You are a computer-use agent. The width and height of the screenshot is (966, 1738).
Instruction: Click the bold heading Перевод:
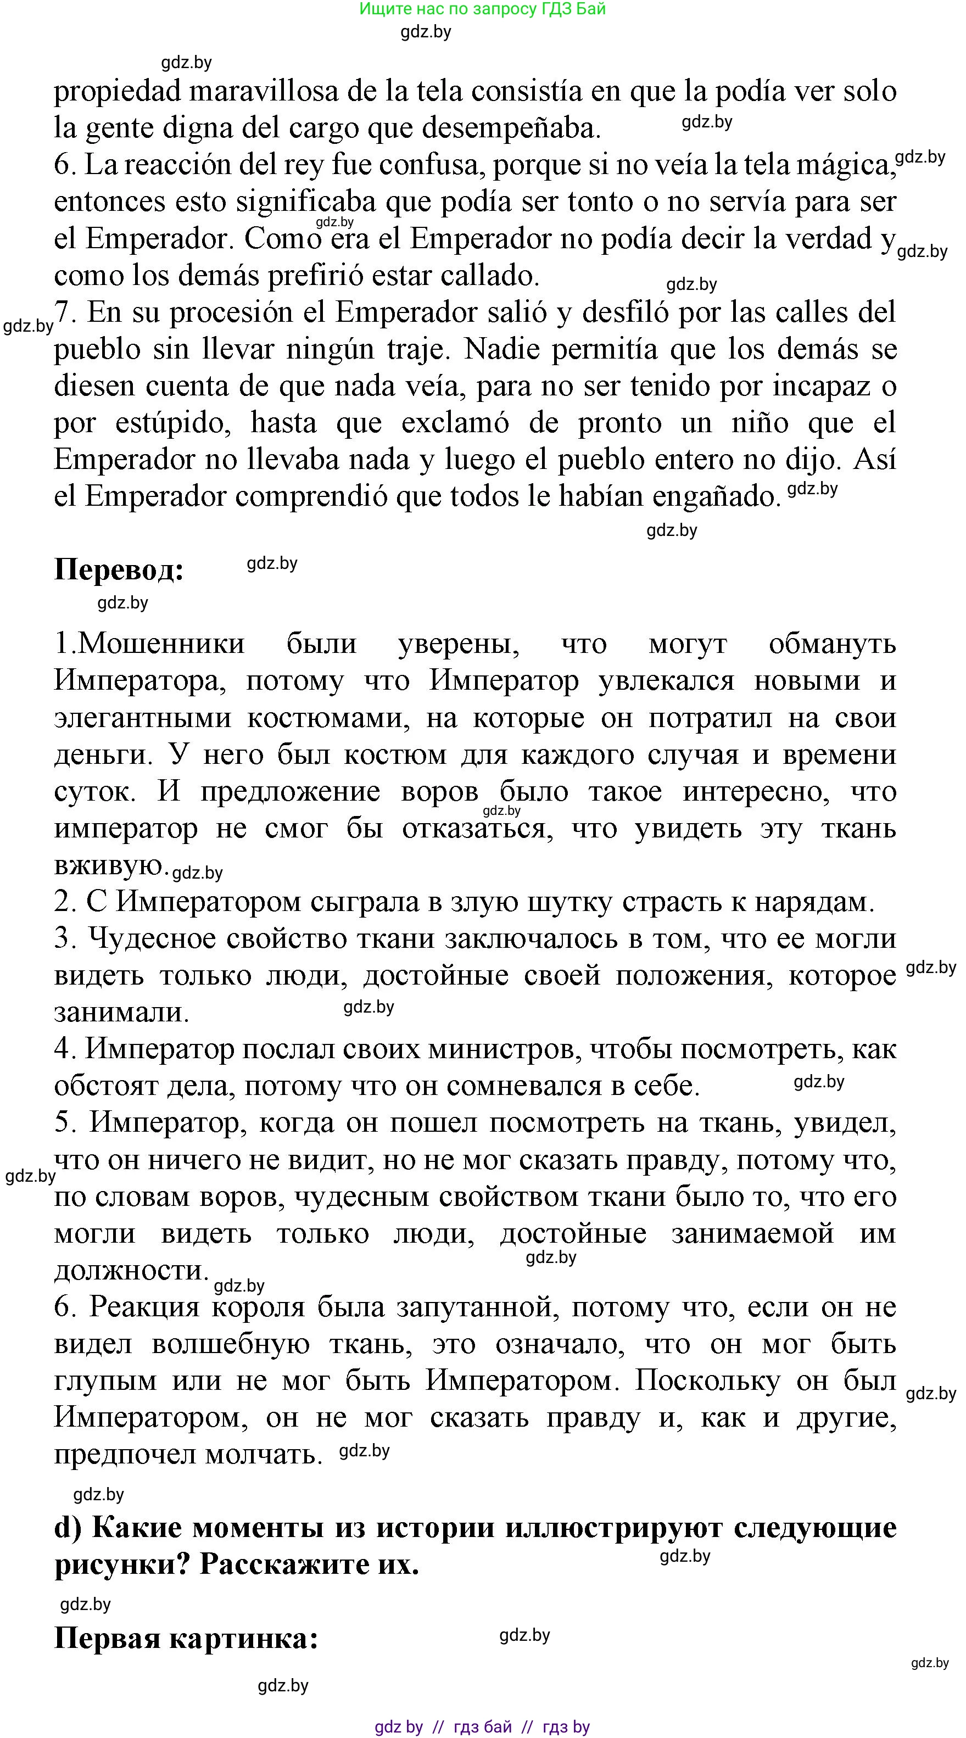click(x=119, y=570)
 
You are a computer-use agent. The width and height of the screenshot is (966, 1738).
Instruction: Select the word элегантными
click(x=142, y=717)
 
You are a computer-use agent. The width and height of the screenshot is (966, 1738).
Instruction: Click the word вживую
click(x=110, y=864)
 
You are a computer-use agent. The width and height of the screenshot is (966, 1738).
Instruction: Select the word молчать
click(x=263, y=1454)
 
